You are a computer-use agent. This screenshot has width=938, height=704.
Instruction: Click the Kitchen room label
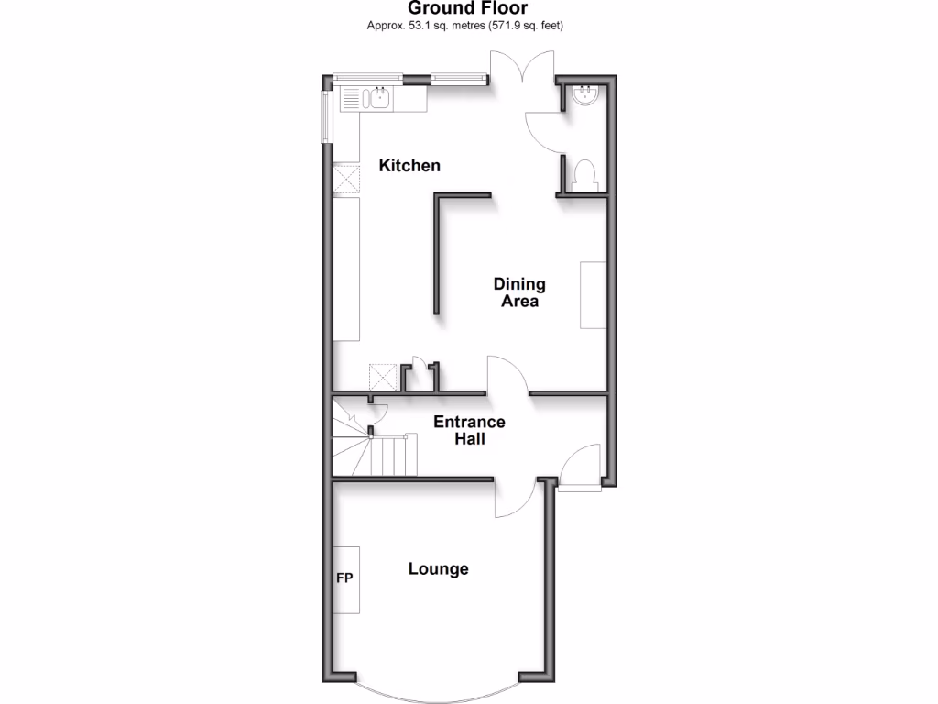[409, 166]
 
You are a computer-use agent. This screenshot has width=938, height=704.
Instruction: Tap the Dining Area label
[519, 292]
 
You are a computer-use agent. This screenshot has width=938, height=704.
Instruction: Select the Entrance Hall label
[469, 431]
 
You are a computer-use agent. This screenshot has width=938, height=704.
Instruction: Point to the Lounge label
[438, 569]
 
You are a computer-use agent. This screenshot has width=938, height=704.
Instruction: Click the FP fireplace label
[344, 578]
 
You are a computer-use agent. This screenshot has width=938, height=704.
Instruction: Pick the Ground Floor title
[468, 9]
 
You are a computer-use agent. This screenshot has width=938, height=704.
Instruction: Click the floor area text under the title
[464, 26]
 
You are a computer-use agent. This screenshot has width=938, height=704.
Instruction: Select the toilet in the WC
[584, 175]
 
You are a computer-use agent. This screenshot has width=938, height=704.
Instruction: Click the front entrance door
[581, 468]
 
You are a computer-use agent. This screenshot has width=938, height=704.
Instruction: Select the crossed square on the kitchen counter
[346, 180]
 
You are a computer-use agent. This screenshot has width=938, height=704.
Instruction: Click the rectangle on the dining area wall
[593, 295]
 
